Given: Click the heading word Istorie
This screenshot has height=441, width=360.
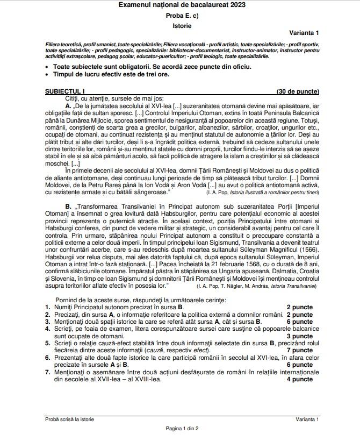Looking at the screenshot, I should coord(182,26).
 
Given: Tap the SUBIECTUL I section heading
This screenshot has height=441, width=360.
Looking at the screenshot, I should coord(65,92).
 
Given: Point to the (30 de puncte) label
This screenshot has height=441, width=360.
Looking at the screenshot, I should coord(297,92).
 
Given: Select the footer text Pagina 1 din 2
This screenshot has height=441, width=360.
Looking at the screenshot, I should coord(182,429).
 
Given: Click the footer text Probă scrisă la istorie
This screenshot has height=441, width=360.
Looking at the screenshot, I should coord(69,419).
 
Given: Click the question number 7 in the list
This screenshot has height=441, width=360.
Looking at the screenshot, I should coord(47,372).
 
